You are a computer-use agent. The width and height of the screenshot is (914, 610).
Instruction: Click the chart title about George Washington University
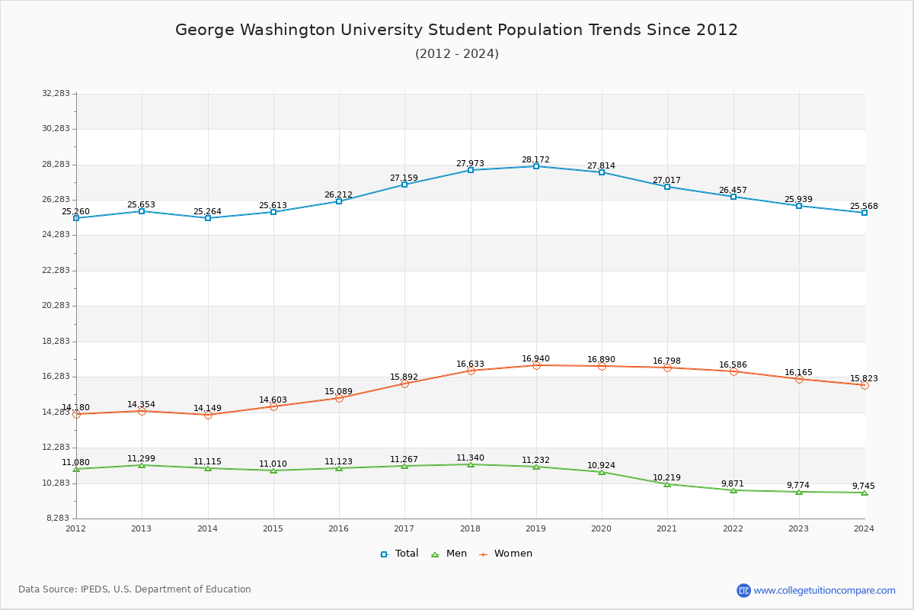click(x=456, y=30)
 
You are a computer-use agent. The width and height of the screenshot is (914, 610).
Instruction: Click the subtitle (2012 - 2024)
click(x=456, y=54)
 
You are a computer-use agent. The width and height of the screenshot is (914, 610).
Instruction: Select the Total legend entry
click(x=399, y=554)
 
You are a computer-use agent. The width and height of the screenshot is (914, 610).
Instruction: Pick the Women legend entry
click(x=505, y=554)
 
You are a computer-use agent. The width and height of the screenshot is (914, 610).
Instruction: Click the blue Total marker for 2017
click(x=404, y=185)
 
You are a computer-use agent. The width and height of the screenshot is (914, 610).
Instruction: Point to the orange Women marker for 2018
click(x=471, y=371)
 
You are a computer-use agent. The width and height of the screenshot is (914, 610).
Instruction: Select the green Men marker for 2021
click(x=667, y=484)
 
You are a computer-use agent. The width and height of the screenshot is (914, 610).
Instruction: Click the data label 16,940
click(x=535, y=358)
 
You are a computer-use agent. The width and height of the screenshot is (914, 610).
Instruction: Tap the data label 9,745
click(x=863, y=486)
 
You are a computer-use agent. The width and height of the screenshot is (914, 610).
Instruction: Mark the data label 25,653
click(x=141, y=204)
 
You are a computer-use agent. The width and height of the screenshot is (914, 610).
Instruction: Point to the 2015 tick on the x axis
click(x=273, y=528)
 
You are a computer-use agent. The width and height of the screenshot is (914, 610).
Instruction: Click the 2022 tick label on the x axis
click(x=733, y=528)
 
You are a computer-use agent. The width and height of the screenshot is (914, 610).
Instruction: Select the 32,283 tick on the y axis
click(x=56, y=94)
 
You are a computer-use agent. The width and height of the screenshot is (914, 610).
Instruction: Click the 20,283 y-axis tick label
click(x=56, y=306)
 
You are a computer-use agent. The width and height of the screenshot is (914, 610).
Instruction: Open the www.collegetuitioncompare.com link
click(x=824, y=590)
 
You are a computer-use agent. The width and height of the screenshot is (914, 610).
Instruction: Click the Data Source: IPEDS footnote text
click(x=135, y=589)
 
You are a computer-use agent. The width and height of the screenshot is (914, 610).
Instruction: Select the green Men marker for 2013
click(x=142, y=465)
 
